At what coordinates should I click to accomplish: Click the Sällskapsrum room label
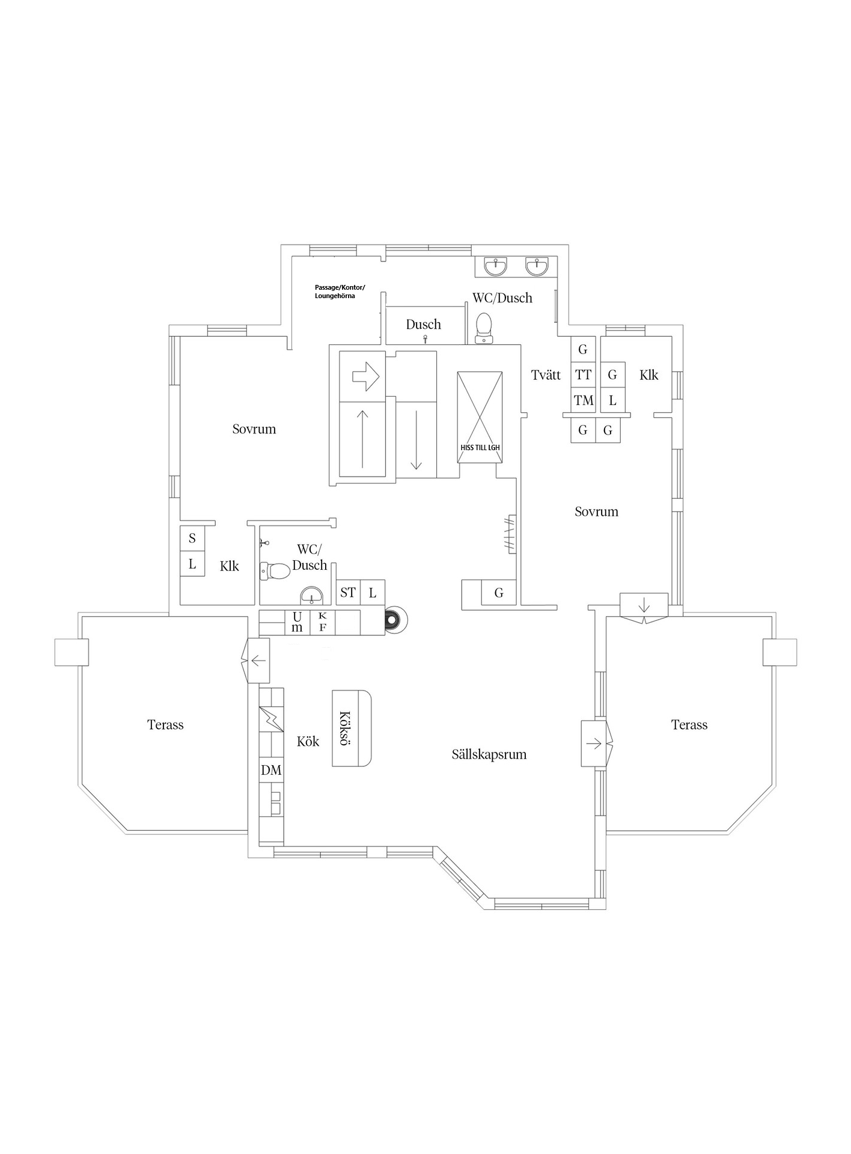click(489, 754)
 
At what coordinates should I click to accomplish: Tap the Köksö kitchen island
click(352, 728)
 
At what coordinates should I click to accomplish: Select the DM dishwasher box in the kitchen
click(271, 770)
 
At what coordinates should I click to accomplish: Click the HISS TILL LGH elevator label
click(480, 448)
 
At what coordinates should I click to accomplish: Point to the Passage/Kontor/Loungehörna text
click(340, 292)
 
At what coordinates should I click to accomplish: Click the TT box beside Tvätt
click(583, 375)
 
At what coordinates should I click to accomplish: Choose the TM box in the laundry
click(583, 400)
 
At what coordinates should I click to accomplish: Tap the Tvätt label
click(546, 375)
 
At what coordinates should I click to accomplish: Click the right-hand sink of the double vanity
click(537, 266)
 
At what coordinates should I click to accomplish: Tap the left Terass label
click(165, 725)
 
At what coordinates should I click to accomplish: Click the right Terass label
click(689, 725)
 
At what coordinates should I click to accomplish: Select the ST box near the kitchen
click(348, 593)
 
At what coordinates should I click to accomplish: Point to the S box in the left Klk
click(192, 539)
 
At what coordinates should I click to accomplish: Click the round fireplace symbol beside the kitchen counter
click(395, 619)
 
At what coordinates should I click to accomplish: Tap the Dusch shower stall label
click(424, 325)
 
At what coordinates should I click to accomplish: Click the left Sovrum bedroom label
click(254, 429)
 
